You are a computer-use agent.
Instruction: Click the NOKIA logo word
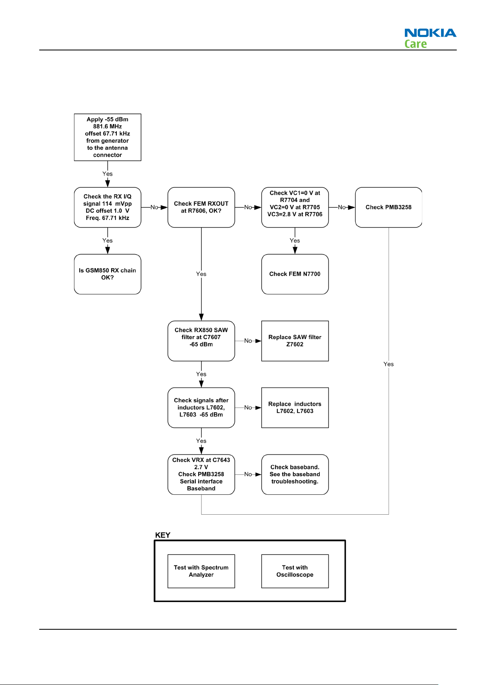click(430, 33)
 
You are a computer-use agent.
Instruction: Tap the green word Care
click(415, 44)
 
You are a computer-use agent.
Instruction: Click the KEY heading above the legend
click(162, 535)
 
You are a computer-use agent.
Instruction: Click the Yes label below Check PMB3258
click(388, 364)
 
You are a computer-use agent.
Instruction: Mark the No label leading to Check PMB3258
click(341, 207)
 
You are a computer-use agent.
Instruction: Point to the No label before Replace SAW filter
click(248, 341)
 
